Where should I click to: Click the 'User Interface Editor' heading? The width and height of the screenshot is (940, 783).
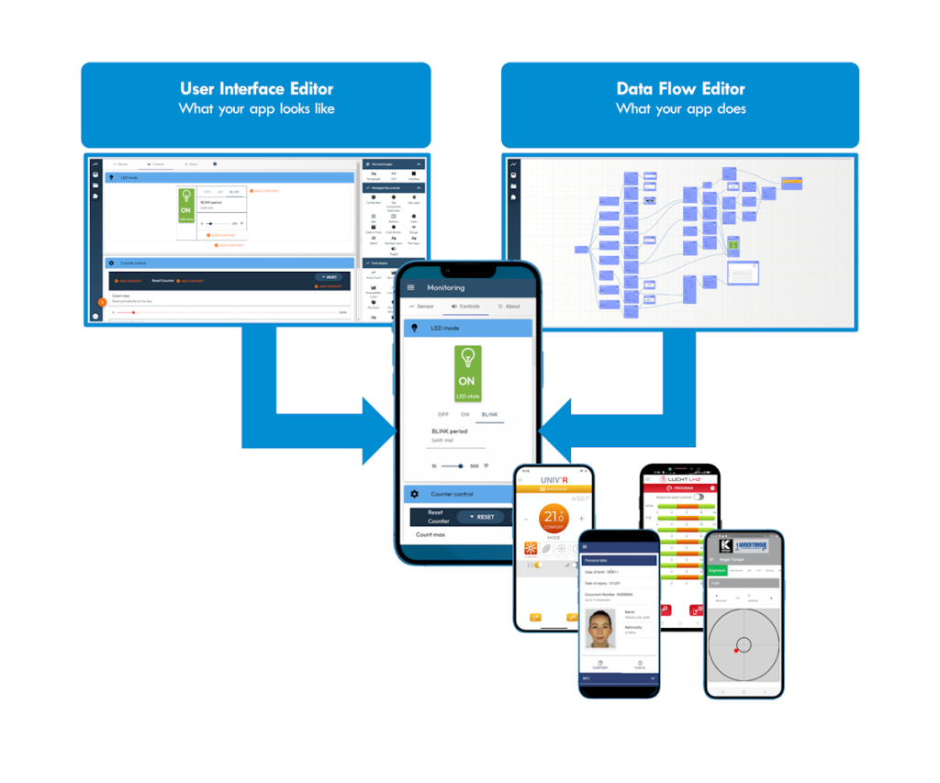(x=256, y=89)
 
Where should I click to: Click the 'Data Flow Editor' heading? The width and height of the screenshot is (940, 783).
(x=680, y=89)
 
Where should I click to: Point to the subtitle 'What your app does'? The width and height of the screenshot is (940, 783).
(x=680, y=109)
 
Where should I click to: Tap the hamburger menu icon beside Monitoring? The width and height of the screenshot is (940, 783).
(x=410, y=287)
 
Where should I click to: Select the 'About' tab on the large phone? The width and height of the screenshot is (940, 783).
(x=509, y=307)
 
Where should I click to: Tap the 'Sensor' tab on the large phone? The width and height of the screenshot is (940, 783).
(x=422, y=307)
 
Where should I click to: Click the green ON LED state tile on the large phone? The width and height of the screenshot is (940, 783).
(x=467, y=373)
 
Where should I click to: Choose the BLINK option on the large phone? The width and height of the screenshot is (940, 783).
(x=490, y=415)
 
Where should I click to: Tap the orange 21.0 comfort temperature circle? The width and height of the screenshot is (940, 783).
(x=554, y=517)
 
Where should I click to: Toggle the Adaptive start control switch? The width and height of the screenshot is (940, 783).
(x=699, y=497)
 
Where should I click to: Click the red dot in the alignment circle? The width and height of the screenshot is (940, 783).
(x=736, y=650)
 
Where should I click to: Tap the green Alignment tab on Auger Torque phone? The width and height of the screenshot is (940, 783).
(x=718, y=570)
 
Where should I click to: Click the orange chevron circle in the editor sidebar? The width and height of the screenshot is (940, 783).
(x=102, y=302)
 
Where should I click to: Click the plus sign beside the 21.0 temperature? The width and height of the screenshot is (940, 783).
(x=581, y=518)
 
